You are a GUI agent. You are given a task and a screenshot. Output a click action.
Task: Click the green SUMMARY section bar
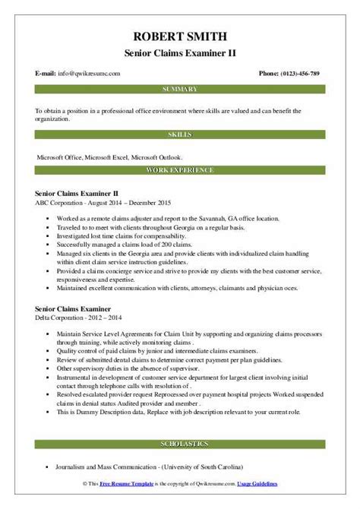[x=179, y=90]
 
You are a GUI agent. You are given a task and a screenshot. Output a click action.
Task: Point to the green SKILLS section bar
[x=179, y=134]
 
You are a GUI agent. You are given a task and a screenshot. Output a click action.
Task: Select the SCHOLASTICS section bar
[x=179, y=441]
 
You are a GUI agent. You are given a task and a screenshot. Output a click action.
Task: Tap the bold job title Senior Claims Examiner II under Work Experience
[x=77, y=194]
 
